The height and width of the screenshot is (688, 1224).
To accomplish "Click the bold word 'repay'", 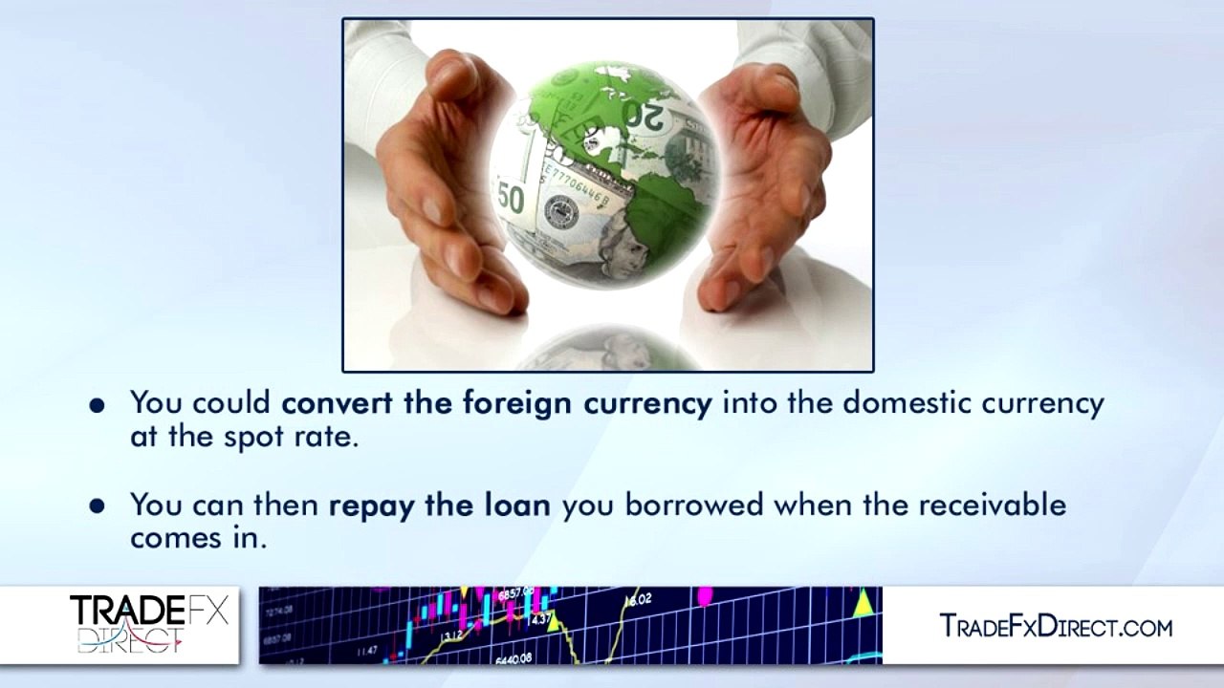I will [372, 505].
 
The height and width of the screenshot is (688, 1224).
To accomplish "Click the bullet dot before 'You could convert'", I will [97, 405].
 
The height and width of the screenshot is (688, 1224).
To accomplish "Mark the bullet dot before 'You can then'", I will [97, 505].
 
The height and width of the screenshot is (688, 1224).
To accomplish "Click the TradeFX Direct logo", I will [148, 625].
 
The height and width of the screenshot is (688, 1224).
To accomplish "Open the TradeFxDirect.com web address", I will [1056, 627].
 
